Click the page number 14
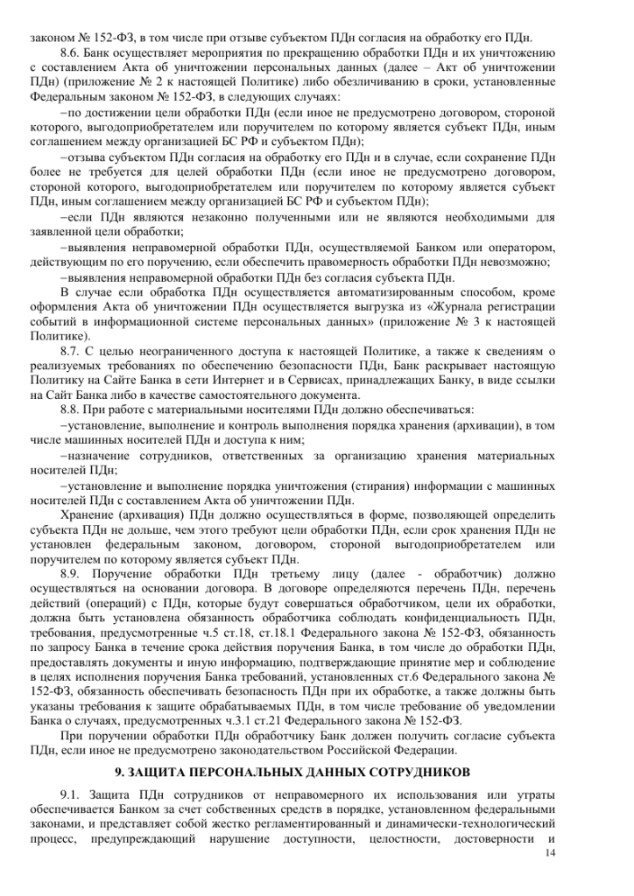click(549, 852)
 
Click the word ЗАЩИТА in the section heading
click(163, 772)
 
